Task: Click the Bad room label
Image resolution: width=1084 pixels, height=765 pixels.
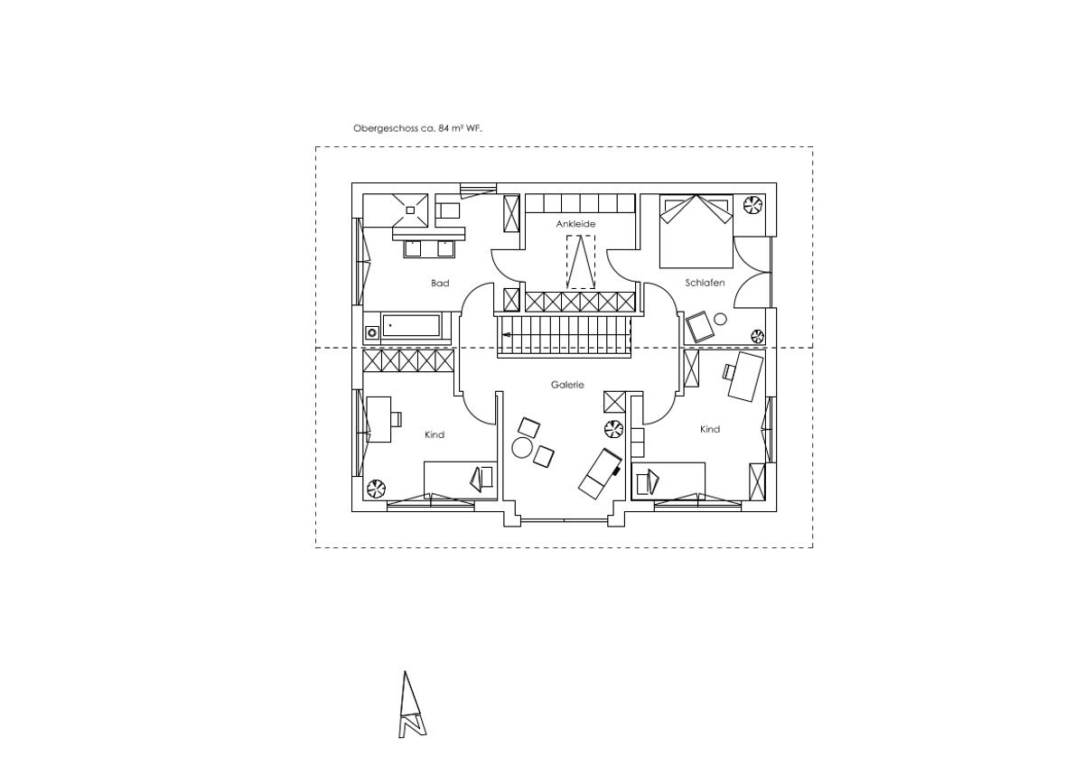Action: [440, 283]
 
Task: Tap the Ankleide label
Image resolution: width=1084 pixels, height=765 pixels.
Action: [575, 224]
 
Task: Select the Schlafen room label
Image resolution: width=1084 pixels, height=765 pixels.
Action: [705, 283]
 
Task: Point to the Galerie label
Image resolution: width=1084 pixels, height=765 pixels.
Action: [567, 385]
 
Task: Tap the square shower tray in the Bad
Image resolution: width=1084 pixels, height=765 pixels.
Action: [410, 210]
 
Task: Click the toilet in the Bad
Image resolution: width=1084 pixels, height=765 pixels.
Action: [448, 210]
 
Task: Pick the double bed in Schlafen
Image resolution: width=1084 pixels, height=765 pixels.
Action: [696, 231]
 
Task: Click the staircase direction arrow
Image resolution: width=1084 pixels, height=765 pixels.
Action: [506, 334]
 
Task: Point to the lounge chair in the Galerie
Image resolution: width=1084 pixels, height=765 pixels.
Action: [600, 473]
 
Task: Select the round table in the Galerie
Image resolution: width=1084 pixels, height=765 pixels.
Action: [522, 448]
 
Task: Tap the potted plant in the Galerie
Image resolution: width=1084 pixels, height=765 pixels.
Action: [613, 428]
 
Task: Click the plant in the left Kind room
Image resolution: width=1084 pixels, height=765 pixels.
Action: [376, 489]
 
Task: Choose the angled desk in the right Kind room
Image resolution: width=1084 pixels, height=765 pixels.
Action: [746, 377]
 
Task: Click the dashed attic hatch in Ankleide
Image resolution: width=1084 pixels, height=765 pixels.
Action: [581, 262]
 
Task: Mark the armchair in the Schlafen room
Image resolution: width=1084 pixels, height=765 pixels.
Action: [700, 327]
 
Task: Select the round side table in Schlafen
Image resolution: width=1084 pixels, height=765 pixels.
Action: [721, 319]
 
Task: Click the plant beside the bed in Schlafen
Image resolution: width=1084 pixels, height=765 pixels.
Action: [753, 203]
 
